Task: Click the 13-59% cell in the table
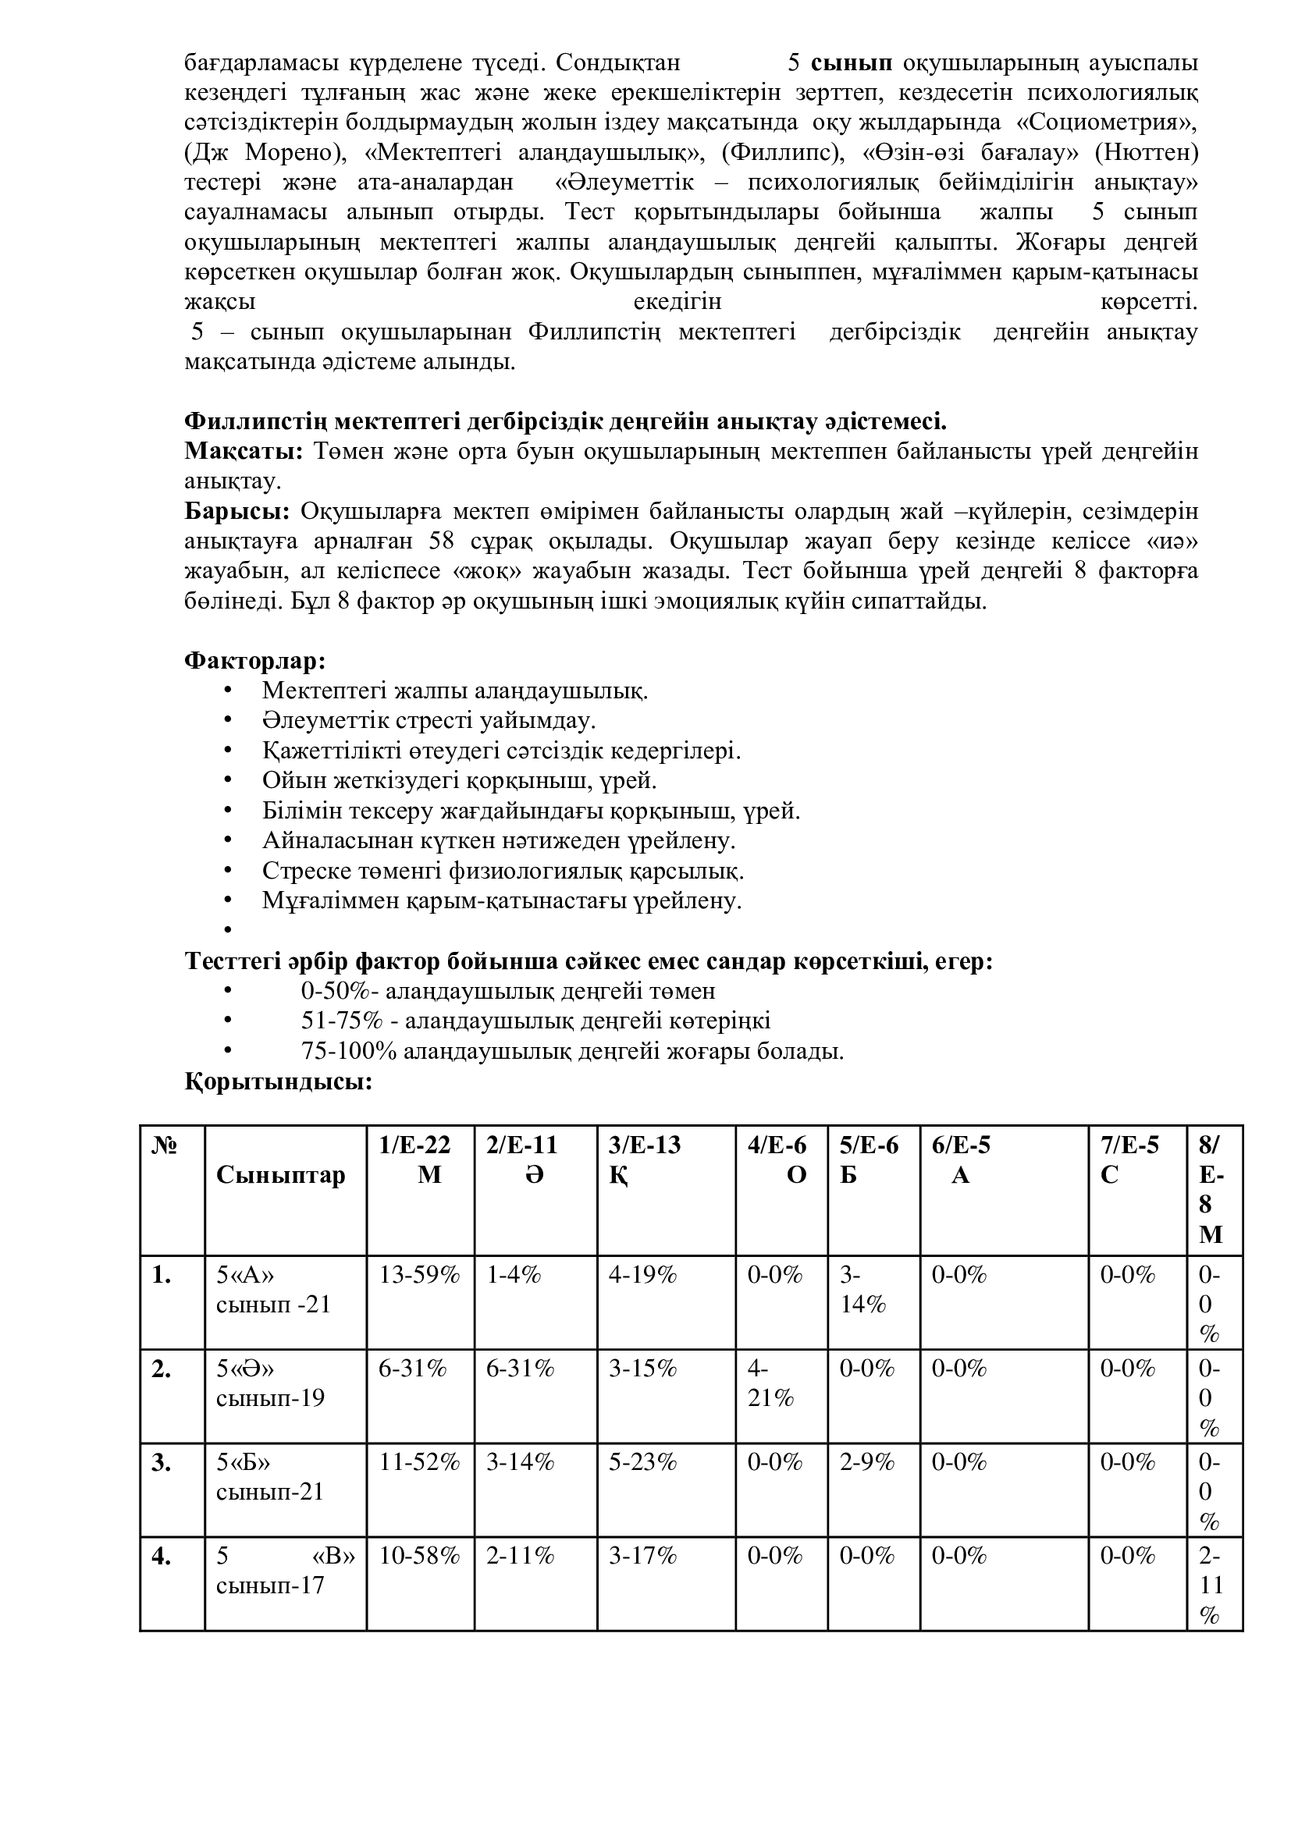pos(419,1276)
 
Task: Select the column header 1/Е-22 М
pos(419,1159)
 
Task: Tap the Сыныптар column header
pos(281,1175)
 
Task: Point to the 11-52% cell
pos(419,1462)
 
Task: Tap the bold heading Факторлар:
pos(254,661)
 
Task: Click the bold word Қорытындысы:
pos(278,1081)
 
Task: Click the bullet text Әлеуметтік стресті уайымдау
pos(429,721)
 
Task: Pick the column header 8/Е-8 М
pos(1211,1190)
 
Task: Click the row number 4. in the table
pos(162,1557)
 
